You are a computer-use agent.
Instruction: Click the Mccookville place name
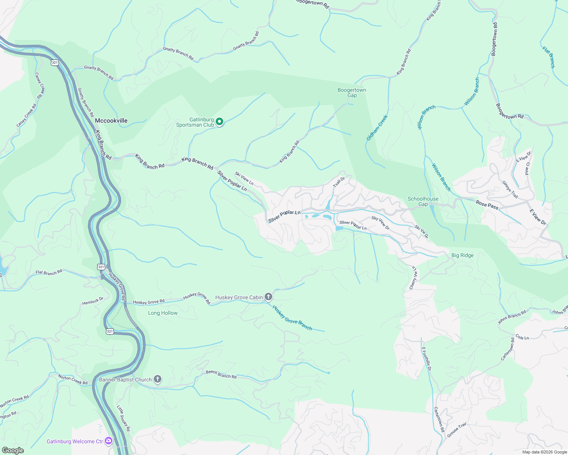pos(111,121)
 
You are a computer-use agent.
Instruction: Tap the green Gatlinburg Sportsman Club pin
pos(219,122)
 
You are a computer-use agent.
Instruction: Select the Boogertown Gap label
pos(352,93)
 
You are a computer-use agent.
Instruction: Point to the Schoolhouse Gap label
pos(423,201)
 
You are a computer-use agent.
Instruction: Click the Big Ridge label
pos(462,255)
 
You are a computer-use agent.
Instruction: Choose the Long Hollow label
pos(163,313)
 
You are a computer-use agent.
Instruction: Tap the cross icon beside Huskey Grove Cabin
pos(268,297)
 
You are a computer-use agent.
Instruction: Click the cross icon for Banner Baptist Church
pos(158,379)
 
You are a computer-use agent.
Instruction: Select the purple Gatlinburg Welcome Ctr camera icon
pos(109,441)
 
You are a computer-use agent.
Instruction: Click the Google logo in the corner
pos(13,450)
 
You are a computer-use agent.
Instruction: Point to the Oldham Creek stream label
pos(377,128)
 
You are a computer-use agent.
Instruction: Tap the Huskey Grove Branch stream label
pos(292,318)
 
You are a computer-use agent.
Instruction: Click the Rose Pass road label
pos(487,205)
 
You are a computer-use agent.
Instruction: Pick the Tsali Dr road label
pos(339,182)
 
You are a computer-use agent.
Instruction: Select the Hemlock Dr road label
pos(93,301)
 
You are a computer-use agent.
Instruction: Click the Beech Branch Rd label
pos(221,374)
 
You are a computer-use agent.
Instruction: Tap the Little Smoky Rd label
pos(123,418)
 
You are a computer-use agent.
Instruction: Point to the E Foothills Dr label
pos(426,359)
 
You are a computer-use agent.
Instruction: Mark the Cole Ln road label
pos(522,337)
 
